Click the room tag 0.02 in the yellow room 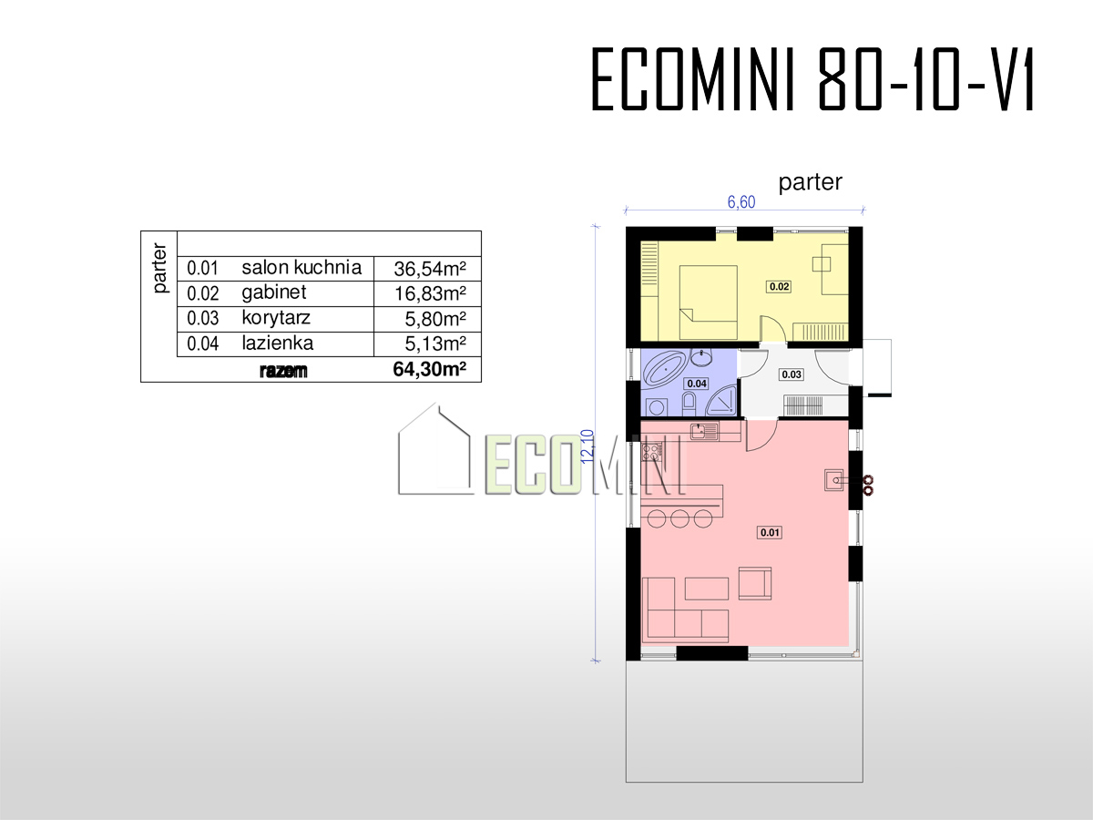click(x=780, y=286)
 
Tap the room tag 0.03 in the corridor click(x=792, y=374)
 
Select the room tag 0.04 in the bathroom click(x=697, y=384)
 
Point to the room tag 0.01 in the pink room click(x=770, y=532)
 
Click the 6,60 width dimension click(x=741, y=201)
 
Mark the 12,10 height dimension click(x=588, y=446)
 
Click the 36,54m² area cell click(x=430, y=269)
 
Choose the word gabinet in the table click(x=274, y=292)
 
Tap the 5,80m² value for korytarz click(x=435, y=319)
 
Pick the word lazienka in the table click(x=278, y=343)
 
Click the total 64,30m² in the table click(x=429, y=369)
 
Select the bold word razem click(x=283, y=371)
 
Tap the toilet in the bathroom click(x=690, y=404)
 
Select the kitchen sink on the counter click(x=704, y=431)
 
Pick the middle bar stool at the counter click(x=679, y=518)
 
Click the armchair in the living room click(x=755, y=583)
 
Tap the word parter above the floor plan click(x=810, y=182)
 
